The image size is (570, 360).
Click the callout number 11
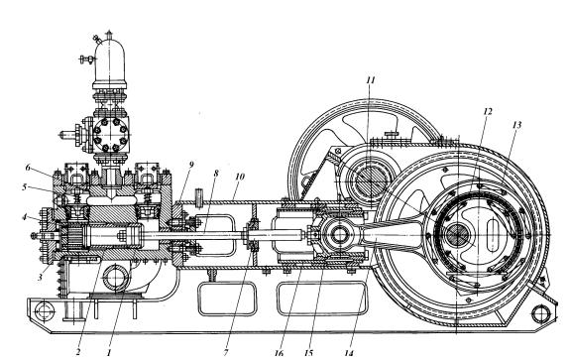point(370,80)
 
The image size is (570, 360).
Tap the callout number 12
point(487,112)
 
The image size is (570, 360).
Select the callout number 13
point(516,125)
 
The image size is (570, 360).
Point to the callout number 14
point(349,353)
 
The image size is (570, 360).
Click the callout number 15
point(308,353)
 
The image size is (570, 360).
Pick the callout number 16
point(279,353)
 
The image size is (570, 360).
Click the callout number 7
point(226,352)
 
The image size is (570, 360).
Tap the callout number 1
point(109,352)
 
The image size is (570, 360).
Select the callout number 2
point(77,352)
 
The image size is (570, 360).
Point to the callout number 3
point(41,277)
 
